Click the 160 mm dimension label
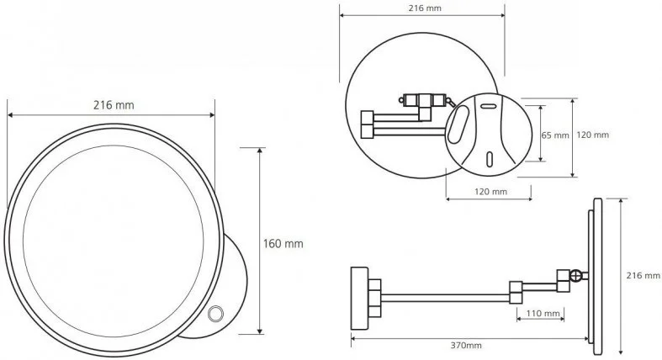click(x=283, y=244)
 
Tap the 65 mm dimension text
click(x=555, y=135)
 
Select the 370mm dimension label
click(x=466, y=345)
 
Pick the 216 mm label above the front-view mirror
click(x=114, y=105)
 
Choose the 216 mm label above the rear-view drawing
click(x=425, y=8)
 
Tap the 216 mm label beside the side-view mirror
click(x=643, y=276)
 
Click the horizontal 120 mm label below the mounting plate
click(x=490, y=192)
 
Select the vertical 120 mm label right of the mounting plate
click(x=592, y=135)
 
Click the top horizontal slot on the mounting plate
click(x=490, y=106)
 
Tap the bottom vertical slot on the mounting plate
click(x=490, y=159)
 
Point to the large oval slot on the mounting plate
click(x=458, y=124)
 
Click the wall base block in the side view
click(x=360, y=299)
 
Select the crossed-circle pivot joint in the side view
click(x=575, y=276)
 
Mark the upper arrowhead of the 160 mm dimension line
click(x=259, y=151)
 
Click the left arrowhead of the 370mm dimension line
click(x=354, y=338)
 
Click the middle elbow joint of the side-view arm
click(x=516, y=293)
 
